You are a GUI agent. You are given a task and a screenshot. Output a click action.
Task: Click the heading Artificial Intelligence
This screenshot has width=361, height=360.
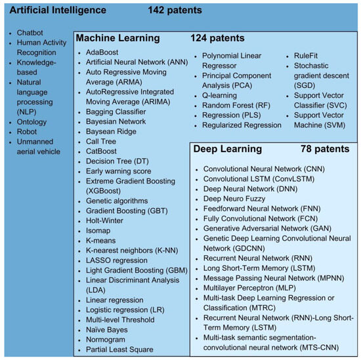point(58,10)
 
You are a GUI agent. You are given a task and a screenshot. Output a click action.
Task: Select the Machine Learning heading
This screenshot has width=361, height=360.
point(118,38)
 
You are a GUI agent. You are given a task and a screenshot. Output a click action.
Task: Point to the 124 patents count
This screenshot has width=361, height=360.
point(217,38)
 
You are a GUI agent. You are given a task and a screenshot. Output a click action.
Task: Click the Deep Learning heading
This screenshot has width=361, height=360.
point(228,149)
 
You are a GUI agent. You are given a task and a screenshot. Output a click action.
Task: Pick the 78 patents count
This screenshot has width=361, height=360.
point(325,149)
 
